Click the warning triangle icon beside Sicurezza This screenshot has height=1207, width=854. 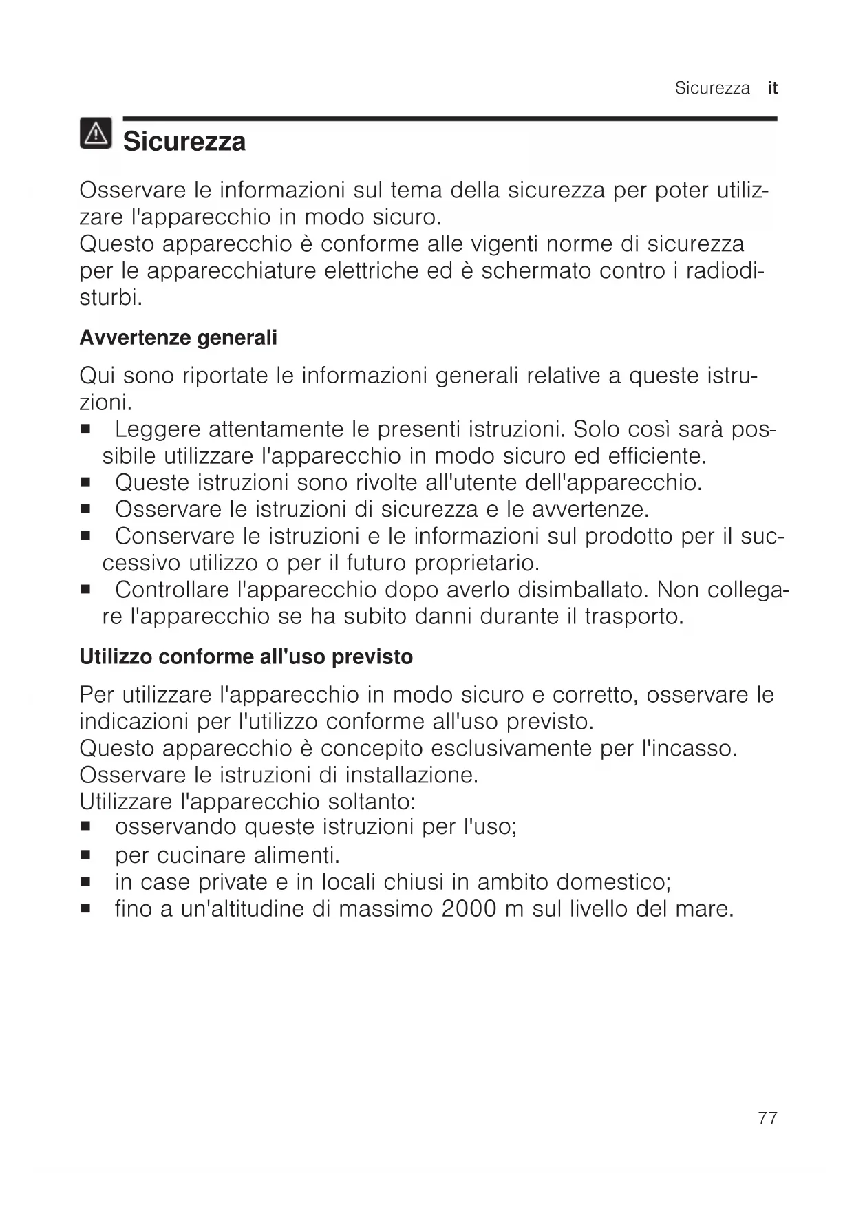(96, 133)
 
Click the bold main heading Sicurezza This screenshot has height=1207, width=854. (184, 142)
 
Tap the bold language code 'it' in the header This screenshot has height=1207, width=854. (773, 88)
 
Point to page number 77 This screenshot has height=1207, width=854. (767, 1118)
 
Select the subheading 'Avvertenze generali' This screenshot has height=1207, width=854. (178, 338)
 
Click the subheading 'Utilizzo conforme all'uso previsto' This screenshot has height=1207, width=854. (246, 657)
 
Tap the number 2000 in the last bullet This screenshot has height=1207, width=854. (469, 909)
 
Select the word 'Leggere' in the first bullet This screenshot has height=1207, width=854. (155, 430)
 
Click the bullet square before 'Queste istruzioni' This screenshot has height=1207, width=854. (86, 483)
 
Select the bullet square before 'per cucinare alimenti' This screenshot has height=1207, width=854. (86, 856)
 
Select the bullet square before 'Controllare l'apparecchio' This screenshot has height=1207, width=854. (86, 590)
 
